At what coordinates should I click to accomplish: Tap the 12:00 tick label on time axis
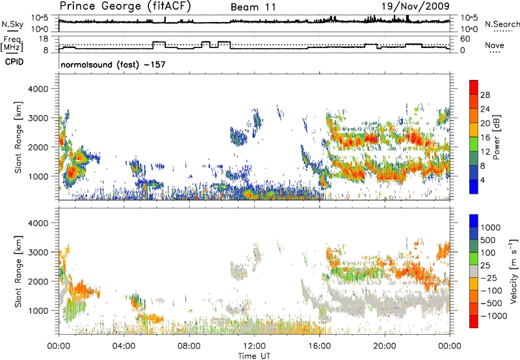[x=254, y=344]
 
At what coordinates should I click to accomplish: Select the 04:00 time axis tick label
[x=123, y=344]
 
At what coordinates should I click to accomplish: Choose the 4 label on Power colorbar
[x=484, y=179]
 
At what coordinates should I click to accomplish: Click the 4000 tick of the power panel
[x=45, y=88]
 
